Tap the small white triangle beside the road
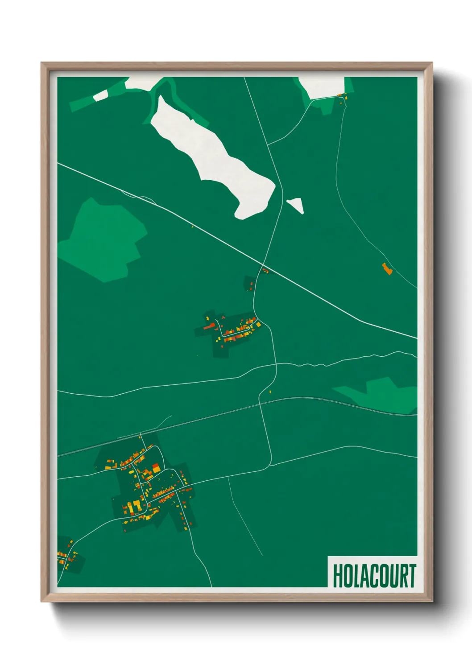click(296, 205)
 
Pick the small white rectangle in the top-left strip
click(101, 95)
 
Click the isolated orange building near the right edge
click(387, 268)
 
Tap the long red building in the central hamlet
click(209, 327)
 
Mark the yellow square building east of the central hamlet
click(258, 325)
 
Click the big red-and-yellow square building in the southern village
click(156, 468)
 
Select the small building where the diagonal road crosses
click(265, 270)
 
